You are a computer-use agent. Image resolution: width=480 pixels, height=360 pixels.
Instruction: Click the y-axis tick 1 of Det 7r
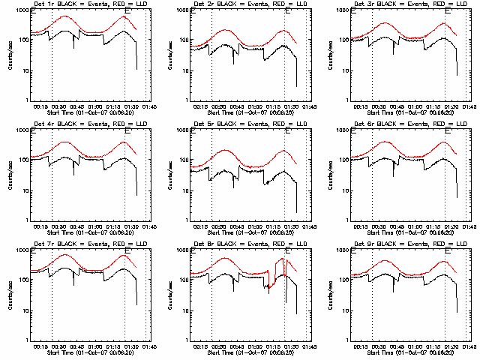29,340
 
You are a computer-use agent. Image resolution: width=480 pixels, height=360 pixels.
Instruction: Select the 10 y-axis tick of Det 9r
349,310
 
